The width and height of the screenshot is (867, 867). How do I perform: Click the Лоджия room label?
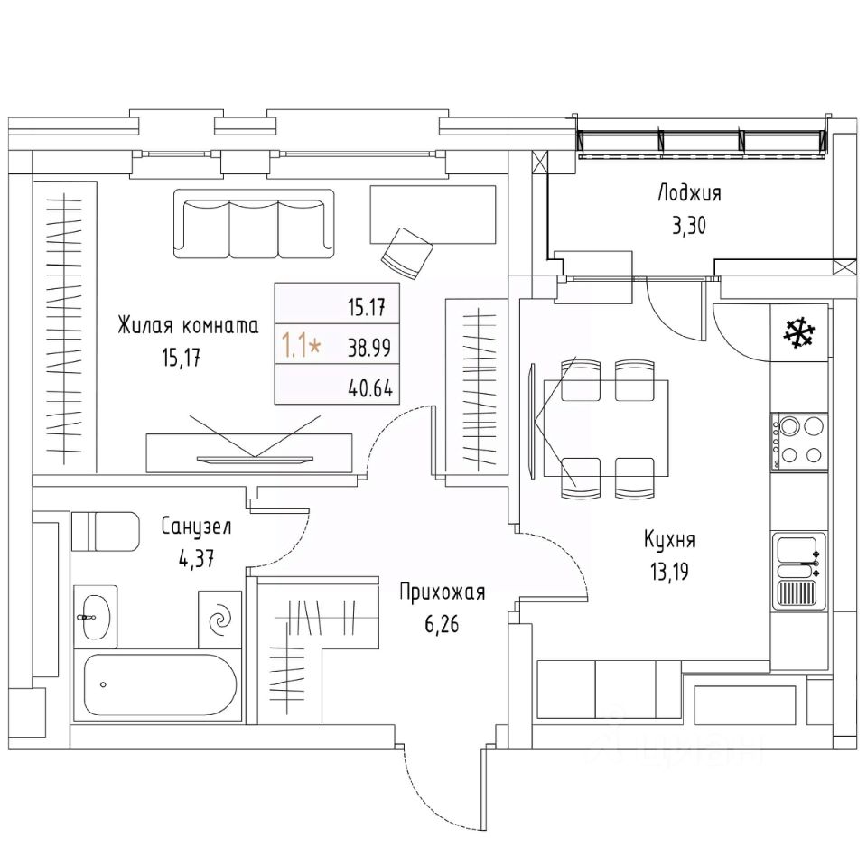tap(689, 192)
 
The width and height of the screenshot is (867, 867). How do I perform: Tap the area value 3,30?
tap(689, 225)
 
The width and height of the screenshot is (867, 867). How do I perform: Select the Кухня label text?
tap(669, 540)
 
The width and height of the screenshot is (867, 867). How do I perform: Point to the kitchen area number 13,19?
tap(669, 573)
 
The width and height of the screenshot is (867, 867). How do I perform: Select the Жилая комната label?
tap(188, 326)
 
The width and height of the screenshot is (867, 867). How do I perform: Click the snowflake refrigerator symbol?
tap(797, 333)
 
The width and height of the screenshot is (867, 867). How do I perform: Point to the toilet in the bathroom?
tap(104, 531)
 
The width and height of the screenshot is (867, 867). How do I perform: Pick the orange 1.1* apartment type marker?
tap(301, 344)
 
